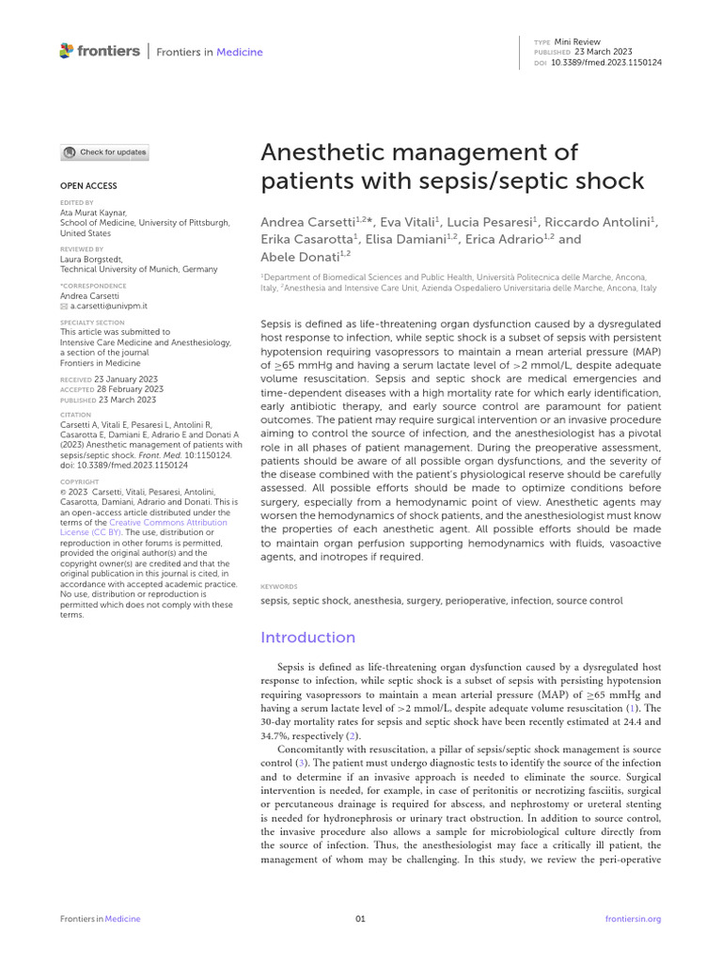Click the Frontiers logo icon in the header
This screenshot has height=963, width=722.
[66, 51]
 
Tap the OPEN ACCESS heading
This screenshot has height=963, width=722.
[88, 186]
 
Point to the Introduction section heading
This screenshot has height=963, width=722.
[307, 638]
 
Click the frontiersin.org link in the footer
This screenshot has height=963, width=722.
[633, 919]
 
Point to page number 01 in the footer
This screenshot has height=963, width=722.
[360, 919]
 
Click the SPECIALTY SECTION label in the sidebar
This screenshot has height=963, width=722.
[92, 323]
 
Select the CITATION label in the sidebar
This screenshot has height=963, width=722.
[75, 414]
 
